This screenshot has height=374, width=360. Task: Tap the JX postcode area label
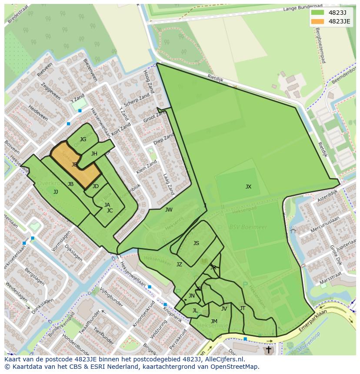pyautogui.click(x=248, y=187)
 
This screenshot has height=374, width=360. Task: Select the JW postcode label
pyautogui.click(x=169, y=210)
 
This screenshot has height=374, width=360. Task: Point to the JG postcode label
pyautogui.click(x=83, y=139)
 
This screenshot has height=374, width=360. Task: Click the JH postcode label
pyautogui.click(x=94, y=154)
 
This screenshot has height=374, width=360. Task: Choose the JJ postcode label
pyautogui.click(x=56, y=192)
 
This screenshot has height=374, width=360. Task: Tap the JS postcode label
pyautogui.click(x=196, y=243)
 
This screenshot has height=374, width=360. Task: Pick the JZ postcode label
pyautogui.click(x=179, y=264)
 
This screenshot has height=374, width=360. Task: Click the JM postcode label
pyautogui.click(x=214, y=321)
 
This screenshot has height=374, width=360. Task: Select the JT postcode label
pyautogui.click(x=243, y=308)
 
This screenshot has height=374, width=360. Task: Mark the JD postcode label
pyautogui.click(x=96, y=186)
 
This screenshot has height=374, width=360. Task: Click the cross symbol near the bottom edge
pyautogui.click(x=268, y=349)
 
